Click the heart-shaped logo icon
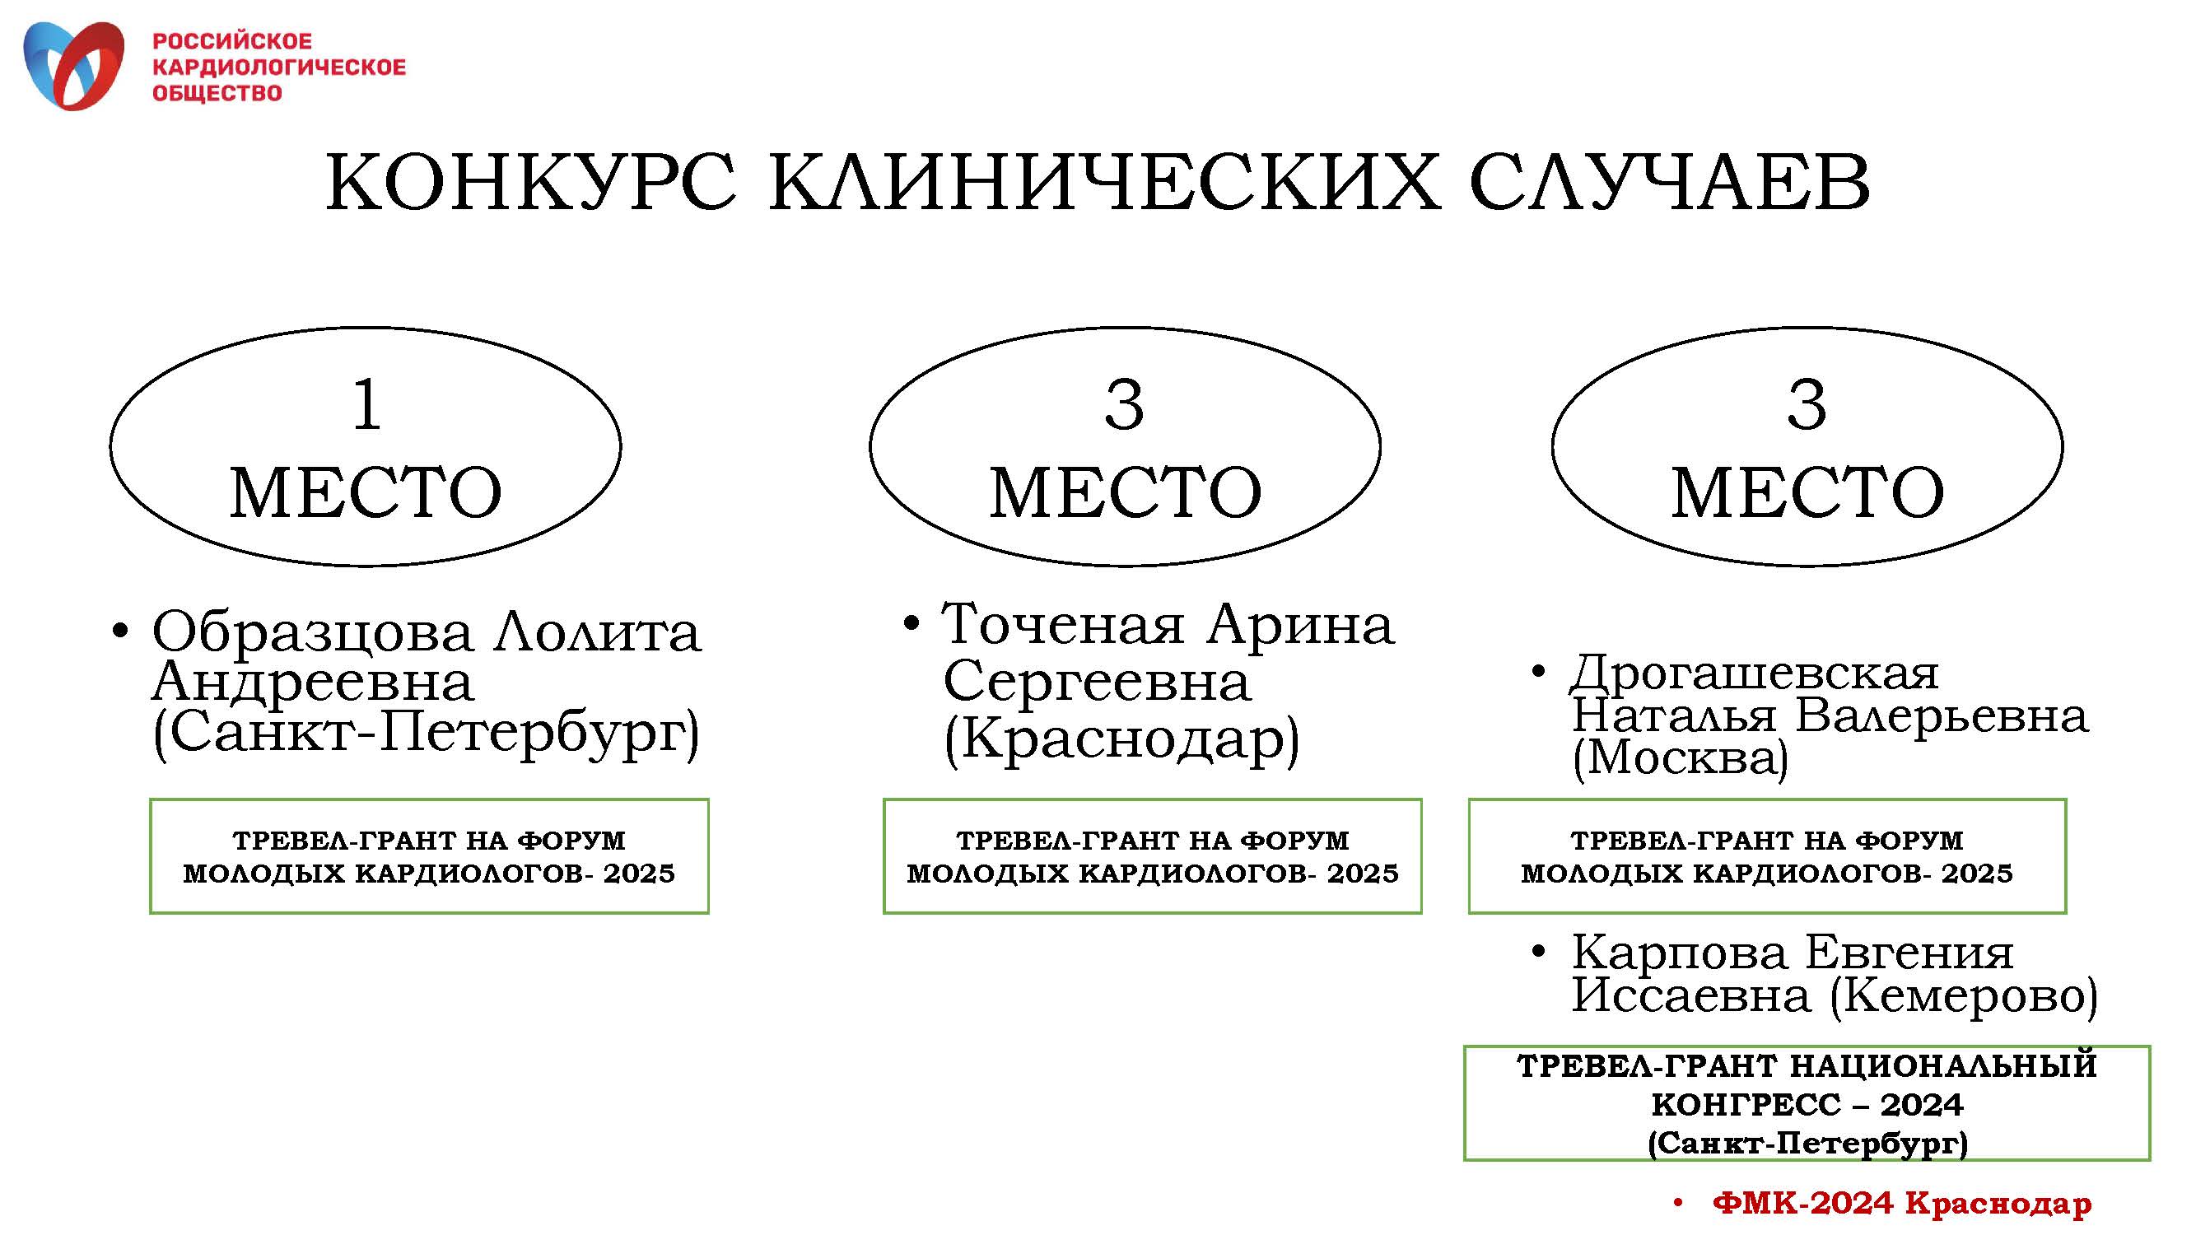(73, 66)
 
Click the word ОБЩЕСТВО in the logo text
(217, 93)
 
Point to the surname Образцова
(312, 631)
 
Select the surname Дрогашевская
(1755, 673)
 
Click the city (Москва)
(1680, 757)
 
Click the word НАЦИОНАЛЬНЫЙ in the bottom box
(1943, 1065)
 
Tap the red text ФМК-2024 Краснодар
(1902, 1203)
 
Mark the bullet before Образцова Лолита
(120, 631)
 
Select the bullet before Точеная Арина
(912, 623)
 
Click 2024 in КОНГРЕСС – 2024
(1922, 1105)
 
